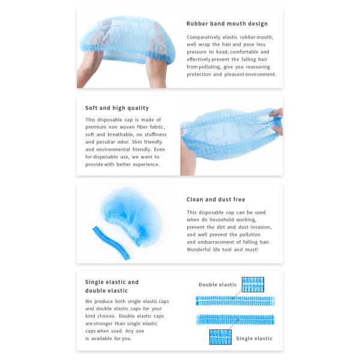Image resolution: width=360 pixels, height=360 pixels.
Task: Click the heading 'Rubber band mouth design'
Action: coord(227,24)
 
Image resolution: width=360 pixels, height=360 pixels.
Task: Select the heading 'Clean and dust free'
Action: coord(216,199)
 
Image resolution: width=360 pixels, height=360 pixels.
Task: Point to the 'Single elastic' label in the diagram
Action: coord(254,338)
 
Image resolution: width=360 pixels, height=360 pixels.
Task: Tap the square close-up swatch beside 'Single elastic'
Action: coord(220,336)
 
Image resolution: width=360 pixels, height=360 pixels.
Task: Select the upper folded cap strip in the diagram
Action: coord(235,299)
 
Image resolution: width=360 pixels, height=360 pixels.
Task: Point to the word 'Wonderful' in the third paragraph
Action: coord(200,250)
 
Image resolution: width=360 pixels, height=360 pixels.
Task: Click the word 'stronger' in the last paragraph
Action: coord(112,323)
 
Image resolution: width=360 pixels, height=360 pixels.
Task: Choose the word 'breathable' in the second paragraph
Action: coord(122,134)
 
